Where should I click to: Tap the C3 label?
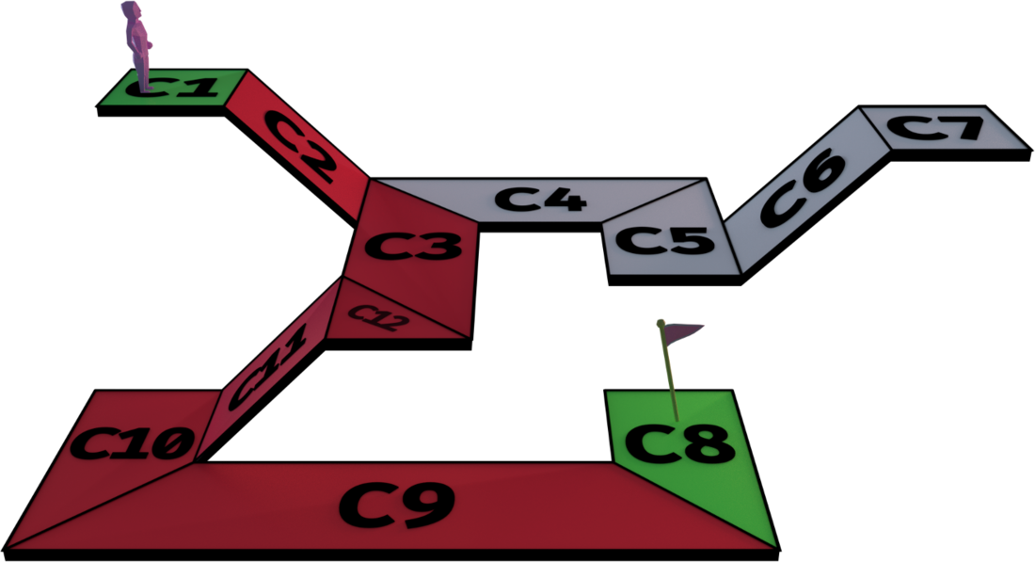click(x=414, y=247)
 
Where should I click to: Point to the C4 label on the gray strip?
click(x=541, y=200)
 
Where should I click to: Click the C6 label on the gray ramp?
click(x=803, y=187)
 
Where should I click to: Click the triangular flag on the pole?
click(x=684, y=330)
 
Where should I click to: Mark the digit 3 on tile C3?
click(x=438, y=247)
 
